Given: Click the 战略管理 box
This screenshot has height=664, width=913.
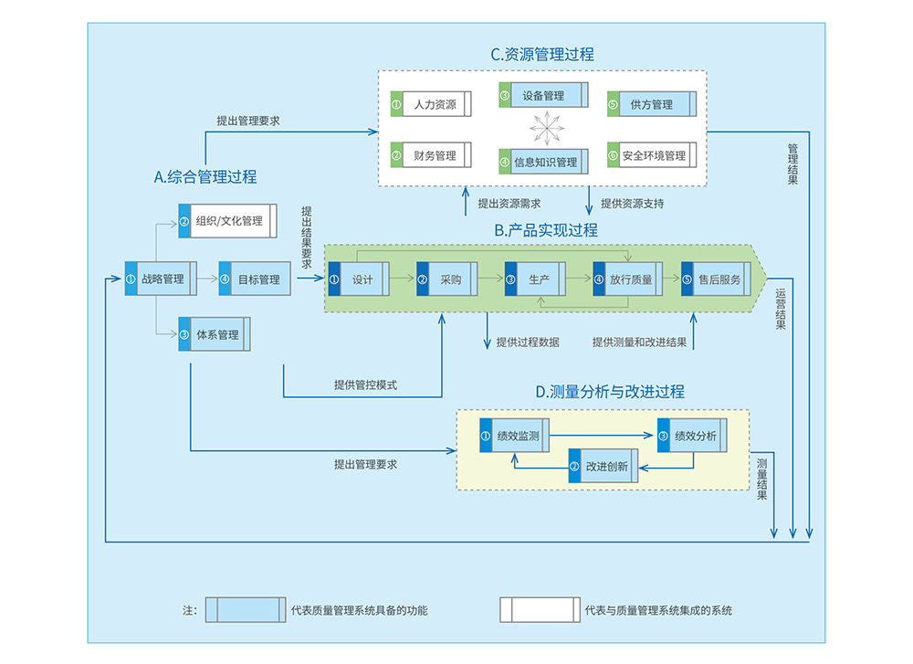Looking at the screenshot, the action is tap(161, 279).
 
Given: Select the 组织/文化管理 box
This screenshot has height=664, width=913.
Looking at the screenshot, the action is tap(227, 221).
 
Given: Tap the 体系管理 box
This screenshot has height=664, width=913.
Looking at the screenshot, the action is tap(215, 334).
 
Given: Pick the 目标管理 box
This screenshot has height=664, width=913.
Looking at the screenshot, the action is tap(255, 279).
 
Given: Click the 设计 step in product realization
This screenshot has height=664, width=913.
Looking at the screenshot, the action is tap(359, 279).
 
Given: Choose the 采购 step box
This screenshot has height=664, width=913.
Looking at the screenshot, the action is tap(447, 279).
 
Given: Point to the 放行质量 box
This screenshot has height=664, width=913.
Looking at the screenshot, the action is tap(628, 279).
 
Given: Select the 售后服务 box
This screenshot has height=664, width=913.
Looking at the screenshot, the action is tap(716, 279).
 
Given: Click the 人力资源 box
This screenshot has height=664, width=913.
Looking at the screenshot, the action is tap(431, 104).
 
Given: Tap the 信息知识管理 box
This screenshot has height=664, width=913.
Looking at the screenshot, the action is tap(544, 162).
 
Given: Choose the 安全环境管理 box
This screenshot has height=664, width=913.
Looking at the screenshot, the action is tap(652, 155).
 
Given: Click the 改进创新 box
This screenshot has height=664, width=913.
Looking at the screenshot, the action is tap(603, 466).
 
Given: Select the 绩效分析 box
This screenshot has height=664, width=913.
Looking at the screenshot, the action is tap(692, 436).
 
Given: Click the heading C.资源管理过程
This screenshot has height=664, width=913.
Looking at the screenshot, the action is tap(542, 54).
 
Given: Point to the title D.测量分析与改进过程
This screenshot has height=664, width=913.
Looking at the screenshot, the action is tap(610, 392).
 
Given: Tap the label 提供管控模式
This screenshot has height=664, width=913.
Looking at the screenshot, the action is tap(366, 385).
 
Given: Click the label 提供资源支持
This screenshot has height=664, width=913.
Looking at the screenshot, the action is tap(633, 204).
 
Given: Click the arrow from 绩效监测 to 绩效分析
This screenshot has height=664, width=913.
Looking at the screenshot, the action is tap(602, 435).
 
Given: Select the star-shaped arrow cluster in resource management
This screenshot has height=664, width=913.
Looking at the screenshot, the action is tap(547, 128).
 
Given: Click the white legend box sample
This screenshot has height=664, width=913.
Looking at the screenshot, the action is tap(540, 610).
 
